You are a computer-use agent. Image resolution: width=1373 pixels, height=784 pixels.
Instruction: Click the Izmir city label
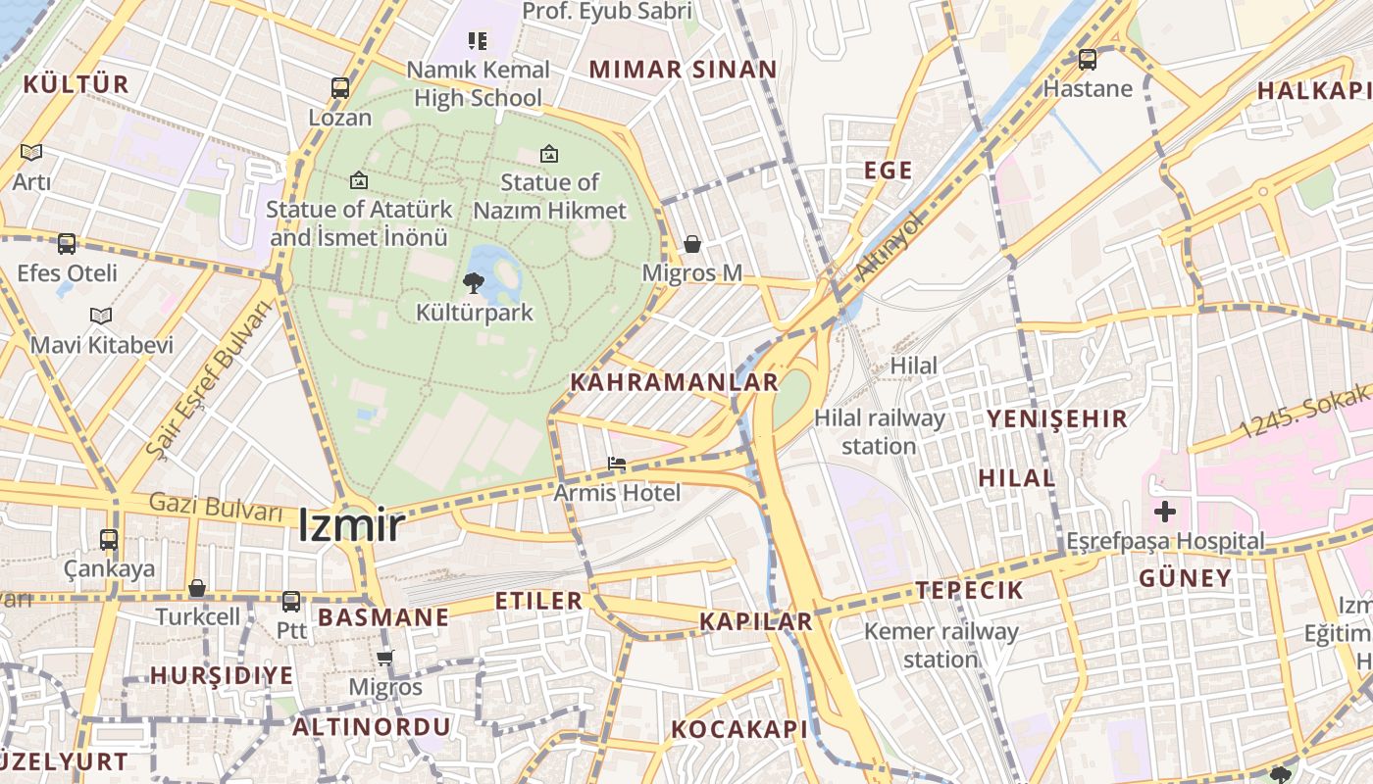point(350,525)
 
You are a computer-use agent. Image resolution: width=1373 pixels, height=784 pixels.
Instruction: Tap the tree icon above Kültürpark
point(474,284)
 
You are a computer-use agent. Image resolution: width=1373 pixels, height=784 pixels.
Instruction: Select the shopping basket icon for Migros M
point(692,244)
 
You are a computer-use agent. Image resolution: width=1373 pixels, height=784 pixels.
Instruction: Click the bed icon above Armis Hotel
point(616,464)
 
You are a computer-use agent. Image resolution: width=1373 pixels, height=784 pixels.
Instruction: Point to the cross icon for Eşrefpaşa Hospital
point(1165,512)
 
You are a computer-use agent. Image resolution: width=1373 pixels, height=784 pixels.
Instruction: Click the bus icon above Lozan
point(340,88)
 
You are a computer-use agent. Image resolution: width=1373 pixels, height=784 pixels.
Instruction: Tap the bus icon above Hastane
point(1088,60)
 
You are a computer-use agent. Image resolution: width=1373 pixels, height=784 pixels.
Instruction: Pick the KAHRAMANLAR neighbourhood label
point(674,382)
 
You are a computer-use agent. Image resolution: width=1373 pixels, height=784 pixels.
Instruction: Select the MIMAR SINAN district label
point(683,70)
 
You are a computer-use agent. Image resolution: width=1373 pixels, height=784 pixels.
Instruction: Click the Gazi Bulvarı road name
point(216,508)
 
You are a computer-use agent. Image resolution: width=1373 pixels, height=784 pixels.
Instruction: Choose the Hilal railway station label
point(880,432)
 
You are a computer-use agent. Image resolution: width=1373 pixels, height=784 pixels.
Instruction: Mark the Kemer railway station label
point(941,645)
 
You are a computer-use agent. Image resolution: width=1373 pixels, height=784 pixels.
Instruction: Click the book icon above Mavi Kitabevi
point(101,317)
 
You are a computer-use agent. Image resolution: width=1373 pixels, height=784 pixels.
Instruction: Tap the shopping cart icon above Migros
point(385,658)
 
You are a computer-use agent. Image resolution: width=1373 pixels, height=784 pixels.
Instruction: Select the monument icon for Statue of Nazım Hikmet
point(549,154)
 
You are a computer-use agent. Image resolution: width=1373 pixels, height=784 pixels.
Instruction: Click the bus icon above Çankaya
point(109,540)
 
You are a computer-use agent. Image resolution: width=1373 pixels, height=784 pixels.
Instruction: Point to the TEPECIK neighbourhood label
point(969,590)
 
